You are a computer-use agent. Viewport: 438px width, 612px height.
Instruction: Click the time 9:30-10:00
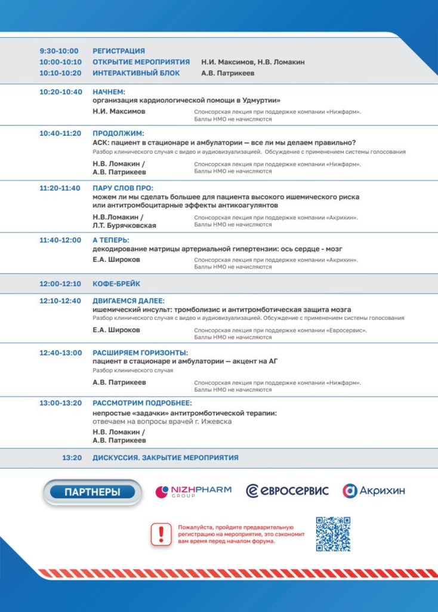(x=58, y=51)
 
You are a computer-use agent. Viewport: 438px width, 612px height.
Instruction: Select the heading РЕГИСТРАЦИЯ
(x=119, y=51)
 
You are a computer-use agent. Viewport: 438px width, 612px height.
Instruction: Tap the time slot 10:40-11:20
(x=60, y=133)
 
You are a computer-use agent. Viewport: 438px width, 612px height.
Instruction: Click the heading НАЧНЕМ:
(x=109, y=92)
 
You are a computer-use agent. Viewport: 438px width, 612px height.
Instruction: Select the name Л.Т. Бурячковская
(x=124, y=225)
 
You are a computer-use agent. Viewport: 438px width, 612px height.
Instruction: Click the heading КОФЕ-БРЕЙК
(x=116, y=283)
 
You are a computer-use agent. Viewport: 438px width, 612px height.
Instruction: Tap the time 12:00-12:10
(x=60, y=283)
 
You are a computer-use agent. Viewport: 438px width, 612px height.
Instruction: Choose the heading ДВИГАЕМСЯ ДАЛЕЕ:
(x=128, y=301)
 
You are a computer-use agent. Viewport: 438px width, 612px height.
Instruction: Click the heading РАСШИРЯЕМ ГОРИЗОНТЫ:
(x=140, y=353)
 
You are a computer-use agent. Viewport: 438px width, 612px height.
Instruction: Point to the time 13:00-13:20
(x=60, y=403)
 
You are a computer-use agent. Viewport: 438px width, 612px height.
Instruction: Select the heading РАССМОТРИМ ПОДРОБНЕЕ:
(x=142, y=403)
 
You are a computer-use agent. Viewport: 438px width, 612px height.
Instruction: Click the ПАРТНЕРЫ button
(x=92, y=492)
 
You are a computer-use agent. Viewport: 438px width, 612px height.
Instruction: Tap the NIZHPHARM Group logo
(x=192, y=491)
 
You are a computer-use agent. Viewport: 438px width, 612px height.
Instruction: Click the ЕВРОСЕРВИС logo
(x=288, y=491)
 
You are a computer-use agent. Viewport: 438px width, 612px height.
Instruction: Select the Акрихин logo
(x=374, y=491)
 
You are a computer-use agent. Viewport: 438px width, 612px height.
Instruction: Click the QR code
(x=333, y=534)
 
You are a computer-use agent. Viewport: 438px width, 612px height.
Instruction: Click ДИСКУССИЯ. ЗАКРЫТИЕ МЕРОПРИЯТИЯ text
(x=165, y=458)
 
